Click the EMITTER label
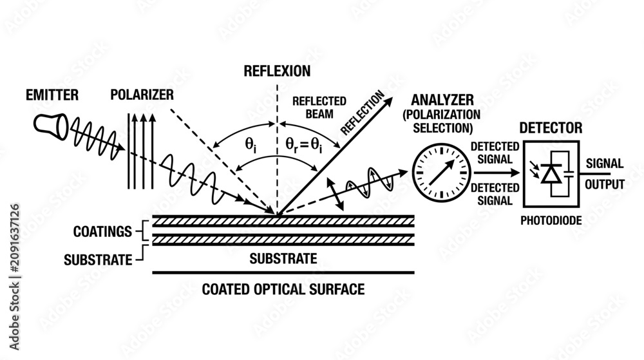point(52,95)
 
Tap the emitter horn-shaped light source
point(50,126)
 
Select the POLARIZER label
point(142,95)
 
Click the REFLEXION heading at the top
point(277,71)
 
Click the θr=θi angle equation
point(304,145)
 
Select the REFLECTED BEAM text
point(319,108)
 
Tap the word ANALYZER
point(442,100)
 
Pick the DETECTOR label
point(551,128)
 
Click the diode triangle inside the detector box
point(551,175)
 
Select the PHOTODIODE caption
point(551,221)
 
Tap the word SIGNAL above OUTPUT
point(605,164)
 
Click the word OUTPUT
point(605,184)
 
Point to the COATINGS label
point(102,231)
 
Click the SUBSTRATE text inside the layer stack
point(283,259)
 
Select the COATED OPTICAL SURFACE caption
point(283,289)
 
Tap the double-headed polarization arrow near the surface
point(335,194)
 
